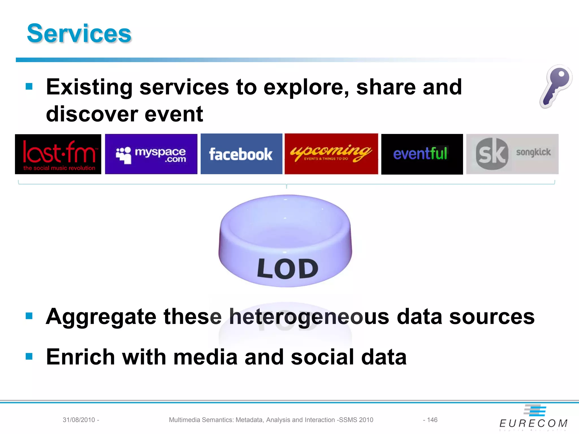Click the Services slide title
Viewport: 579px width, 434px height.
click(x=79, y=33)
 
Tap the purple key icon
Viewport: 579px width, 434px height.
click(x=556, y=86)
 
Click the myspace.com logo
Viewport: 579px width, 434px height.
click(x=151, y=154)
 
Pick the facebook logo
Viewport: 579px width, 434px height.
click(x=241, y=154)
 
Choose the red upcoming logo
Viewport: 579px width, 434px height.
click(x=331, y=154)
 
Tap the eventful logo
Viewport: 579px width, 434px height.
click(x=422, y=154)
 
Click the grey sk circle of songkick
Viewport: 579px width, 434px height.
click(x=492, y=154)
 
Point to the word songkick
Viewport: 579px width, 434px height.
click(x=533, y=152)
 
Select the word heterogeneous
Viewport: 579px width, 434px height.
click(x=309, y=316)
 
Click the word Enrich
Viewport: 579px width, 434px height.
click(x=80, y=357)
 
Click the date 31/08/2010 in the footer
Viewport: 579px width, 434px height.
click(x=79, y=420)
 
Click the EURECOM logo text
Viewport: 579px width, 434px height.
click(x=533, y=423)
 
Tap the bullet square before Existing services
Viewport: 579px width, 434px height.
click(x=29, y=86)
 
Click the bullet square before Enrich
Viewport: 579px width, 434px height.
click(x=29, y=356)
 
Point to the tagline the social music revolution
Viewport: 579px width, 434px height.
click(x=59, y=168)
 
